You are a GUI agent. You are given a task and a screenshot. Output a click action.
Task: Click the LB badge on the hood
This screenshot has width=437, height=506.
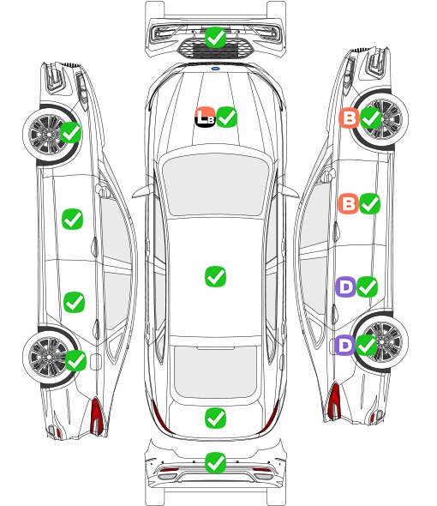coord(205,117)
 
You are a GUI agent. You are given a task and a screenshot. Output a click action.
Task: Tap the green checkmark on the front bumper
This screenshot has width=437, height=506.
coord(215,38)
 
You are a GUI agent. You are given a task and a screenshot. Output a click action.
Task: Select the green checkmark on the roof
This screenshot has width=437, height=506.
coord(215,276)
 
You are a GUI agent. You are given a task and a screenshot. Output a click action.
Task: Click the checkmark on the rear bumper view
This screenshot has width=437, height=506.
coord(215,462)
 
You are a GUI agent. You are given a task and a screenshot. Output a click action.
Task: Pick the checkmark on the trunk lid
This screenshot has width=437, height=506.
coord(215,418)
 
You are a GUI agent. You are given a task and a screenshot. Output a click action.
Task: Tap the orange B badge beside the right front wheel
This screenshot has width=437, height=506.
coord(349,117)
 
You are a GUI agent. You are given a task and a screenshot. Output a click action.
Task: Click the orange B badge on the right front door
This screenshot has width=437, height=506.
coord(348,203)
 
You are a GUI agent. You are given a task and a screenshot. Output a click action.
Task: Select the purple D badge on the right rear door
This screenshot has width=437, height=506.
coord(346,286)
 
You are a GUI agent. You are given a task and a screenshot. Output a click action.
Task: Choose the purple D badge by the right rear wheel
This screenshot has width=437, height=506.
coord(344,345)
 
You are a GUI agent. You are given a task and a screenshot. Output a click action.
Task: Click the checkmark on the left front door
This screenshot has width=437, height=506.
coord(72,219)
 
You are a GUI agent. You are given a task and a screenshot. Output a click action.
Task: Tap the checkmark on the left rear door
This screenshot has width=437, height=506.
coord(75,302)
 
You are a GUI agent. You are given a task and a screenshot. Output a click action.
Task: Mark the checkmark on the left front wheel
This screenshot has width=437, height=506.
coord(71,132)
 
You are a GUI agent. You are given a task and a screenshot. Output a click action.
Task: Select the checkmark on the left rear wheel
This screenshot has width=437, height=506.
coord(75,360)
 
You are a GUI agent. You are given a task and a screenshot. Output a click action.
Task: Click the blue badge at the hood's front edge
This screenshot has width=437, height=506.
coord(215,69)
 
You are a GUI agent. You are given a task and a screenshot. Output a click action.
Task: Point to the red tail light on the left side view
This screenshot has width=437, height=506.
coord(97,416)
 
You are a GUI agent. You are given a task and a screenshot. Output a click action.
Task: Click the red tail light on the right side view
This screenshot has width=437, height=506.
coord(334,401)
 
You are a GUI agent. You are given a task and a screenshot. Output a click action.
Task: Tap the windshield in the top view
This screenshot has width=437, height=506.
coord(215,184)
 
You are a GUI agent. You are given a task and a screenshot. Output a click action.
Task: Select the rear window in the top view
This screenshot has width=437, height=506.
coord(215,371)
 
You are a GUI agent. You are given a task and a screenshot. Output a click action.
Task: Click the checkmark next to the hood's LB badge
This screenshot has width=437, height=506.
coord(227,117)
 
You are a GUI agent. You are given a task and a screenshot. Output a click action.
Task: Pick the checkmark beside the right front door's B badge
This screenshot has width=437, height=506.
coord(369,203)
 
